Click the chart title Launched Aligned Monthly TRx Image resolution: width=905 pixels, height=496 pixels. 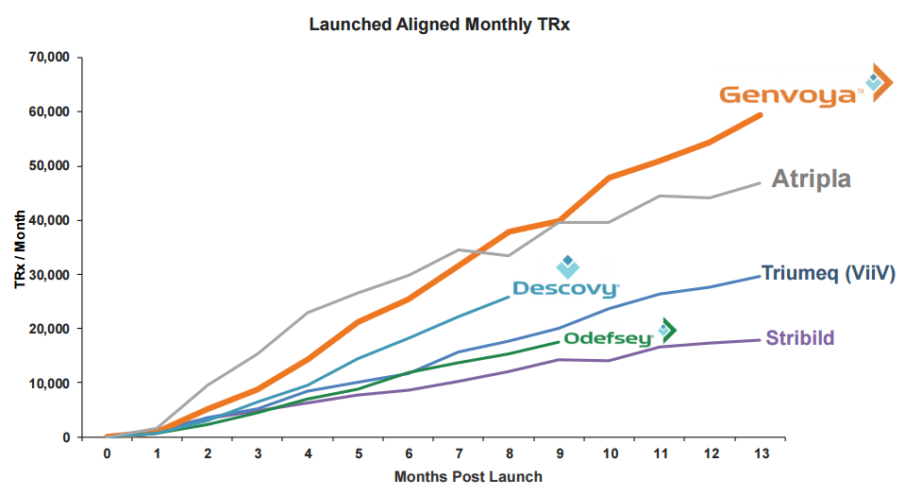point(440,25)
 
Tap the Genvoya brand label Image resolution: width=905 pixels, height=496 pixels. point(790,94)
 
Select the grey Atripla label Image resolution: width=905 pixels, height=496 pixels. point(812,178)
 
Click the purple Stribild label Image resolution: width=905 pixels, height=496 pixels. point(800,337)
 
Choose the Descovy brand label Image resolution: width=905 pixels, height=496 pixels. point(565,288)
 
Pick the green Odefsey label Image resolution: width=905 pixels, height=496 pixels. point(609,337)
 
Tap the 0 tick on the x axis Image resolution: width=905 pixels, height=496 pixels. point(107,453)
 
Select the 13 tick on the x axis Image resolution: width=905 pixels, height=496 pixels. point(761,453)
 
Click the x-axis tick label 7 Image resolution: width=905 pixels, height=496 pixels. point(459,453)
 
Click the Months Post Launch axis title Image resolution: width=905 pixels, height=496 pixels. point(468,477)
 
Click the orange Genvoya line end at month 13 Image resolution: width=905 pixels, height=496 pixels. point(761,114)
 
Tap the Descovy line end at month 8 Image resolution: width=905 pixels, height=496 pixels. point(509,297)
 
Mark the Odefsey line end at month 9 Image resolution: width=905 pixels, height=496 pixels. point(560,341)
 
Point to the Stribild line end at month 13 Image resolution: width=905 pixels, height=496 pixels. point(761,340)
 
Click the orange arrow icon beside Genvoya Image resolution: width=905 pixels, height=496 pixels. point(880,82)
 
